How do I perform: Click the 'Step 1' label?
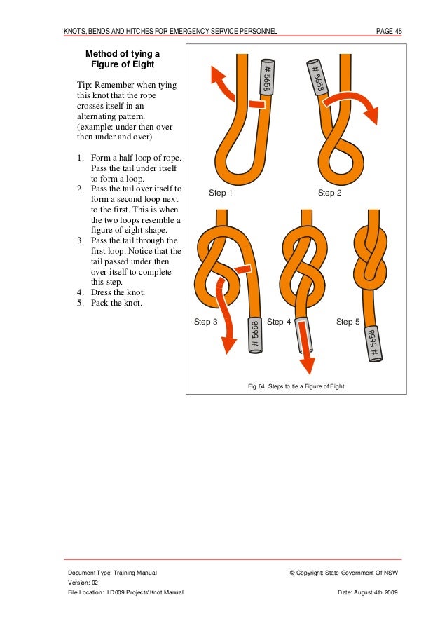coord(221,193)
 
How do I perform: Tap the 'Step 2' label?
coord(329,193)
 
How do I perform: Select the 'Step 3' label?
coord(205,322)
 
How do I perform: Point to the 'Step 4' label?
coord(280,322)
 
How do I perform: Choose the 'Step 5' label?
coord(348,322)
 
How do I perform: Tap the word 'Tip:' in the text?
coord(86,86)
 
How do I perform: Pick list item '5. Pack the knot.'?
coord(114,304)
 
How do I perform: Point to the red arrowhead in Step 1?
coord(218,73)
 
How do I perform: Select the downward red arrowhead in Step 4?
coord(306,365)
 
